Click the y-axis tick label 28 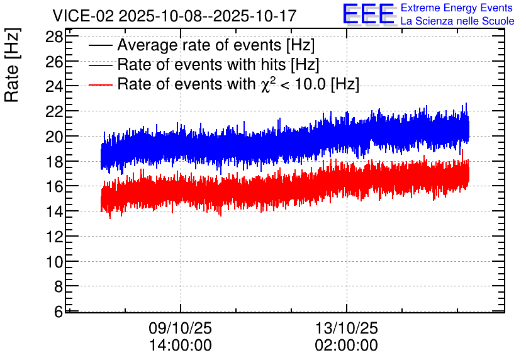click(x=54, y=37)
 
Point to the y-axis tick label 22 click(x=54, y=112)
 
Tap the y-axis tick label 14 click(x=54, y=212)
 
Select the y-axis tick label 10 click(x=54, y=262)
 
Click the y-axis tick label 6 click(x=59, y=312)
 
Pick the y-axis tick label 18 click(x=54, y=162)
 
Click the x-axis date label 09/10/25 click(x=180, y=328)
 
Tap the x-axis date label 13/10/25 click(x=346, y=328)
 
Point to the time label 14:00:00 click(x=180, y=346)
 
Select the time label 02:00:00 click(x=346, y=346)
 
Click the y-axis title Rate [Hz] click(x=12, y=65)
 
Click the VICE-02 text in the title click(x=84, y=16)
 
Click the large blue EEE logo click(x=368, y=14)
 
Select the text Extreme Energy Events click(x=457, y=8)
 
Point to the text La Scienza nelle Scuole click(x=457, y=21)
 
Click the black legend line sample click(x=100, y=45)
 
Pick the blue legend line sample click(x=100, y=65)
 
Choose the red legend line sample click(x=100, y=85)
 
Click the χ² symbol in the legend click(x=266, y=84)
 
